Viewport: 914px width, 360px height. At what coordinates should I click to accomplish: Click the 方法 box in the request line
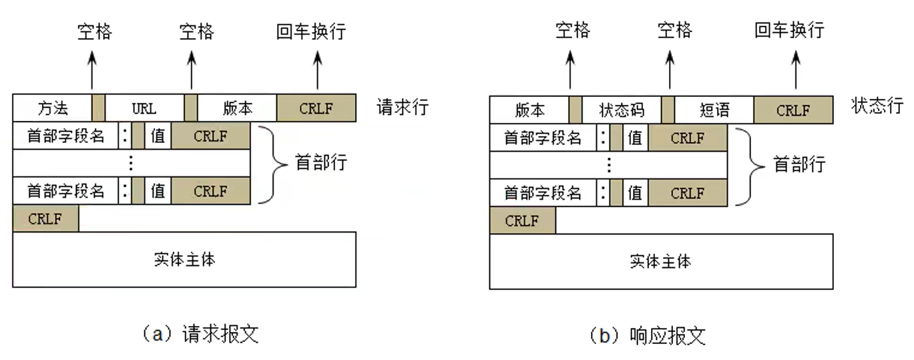[x=52, y=108]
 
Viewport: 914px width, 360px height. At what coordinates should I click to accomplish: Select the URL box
[x=144, y=108]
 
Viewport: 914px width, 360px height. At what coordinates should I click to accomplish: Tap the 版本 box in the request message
[x=237, y=108]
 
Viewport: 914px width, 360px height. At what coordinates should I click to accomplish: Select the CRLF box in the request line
[x=316, y=108]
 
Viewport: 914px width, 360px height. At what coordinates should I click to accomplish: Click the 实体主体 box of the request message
[x=184, y=260]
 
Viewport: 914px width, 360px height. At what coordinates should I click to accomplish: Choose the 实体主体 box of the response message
[x=661, y=261]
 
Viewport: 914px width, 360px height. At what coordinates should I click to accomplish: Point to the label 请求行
[x=403, y=108]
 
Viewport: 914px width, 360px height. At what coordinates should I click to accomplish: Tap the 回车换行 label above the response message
[x=789, y=30]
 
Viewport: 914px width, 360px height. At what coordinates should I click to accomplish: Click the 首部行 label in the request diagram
[x=321, y=162]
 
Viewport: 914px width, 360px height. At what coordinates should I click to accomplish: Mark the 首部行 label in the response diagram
[x=799, y=164]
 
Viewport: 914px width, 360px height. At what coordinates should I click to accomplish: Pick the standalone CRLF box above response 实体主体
[x=522, y=221]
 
